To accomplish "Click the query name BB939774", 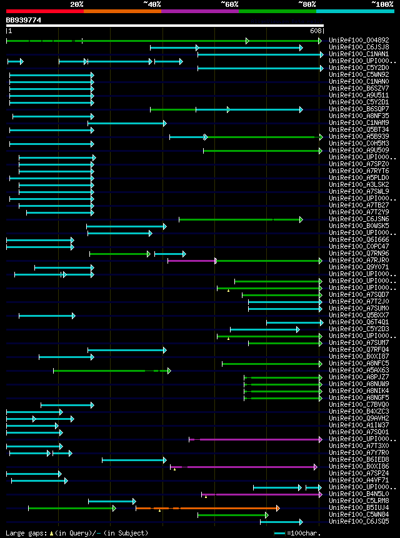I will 24,20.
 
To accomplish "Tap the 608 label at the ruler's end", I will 316,31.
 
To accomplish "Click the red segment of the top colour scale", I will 44,11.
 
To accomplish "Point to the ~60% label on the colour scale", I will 229,4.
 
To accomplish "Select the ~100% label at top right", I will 382,4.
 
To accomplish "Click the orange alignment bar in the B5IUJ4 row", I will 206,508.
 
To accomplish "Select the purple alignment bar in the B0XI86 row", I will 250,467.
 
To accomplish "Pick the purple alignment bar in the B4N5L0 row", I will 262,494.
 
